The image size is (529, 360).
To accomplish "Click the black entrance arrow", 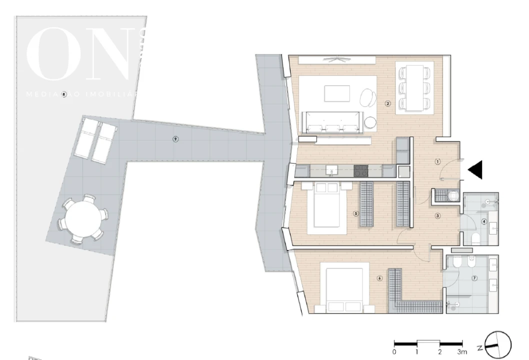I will tap(476, 169).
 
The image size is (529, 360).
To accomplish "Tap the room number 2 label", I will tap(387, 104).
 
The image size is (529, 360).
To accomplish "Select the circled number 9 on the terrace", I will tap(175, 139).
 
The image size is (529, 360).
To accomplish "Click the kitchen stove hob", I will tap(361, 171).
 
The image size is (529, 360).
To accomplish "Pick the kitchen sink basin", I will tap(332, 171).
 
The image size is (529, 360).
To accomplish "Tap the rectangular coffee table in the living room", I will tap(337, 93).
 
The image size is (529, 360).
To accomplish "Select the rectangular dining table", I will tap(414, 87).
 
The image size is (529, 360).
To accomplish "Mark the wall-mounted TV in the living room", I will tap(336, 59).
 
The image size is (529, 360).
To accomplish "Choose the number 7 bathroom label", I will tap(474, 278).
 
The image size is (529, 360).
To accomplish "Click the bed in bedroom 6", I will tap(344, 290).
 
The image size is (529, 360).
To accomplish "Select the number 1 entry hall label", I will tap(437, 161).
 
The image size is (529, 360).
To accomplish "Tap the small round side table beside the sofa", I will tap(370, 122).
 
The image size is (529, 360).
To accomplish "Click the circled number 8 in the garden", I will tap(64, 94).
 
